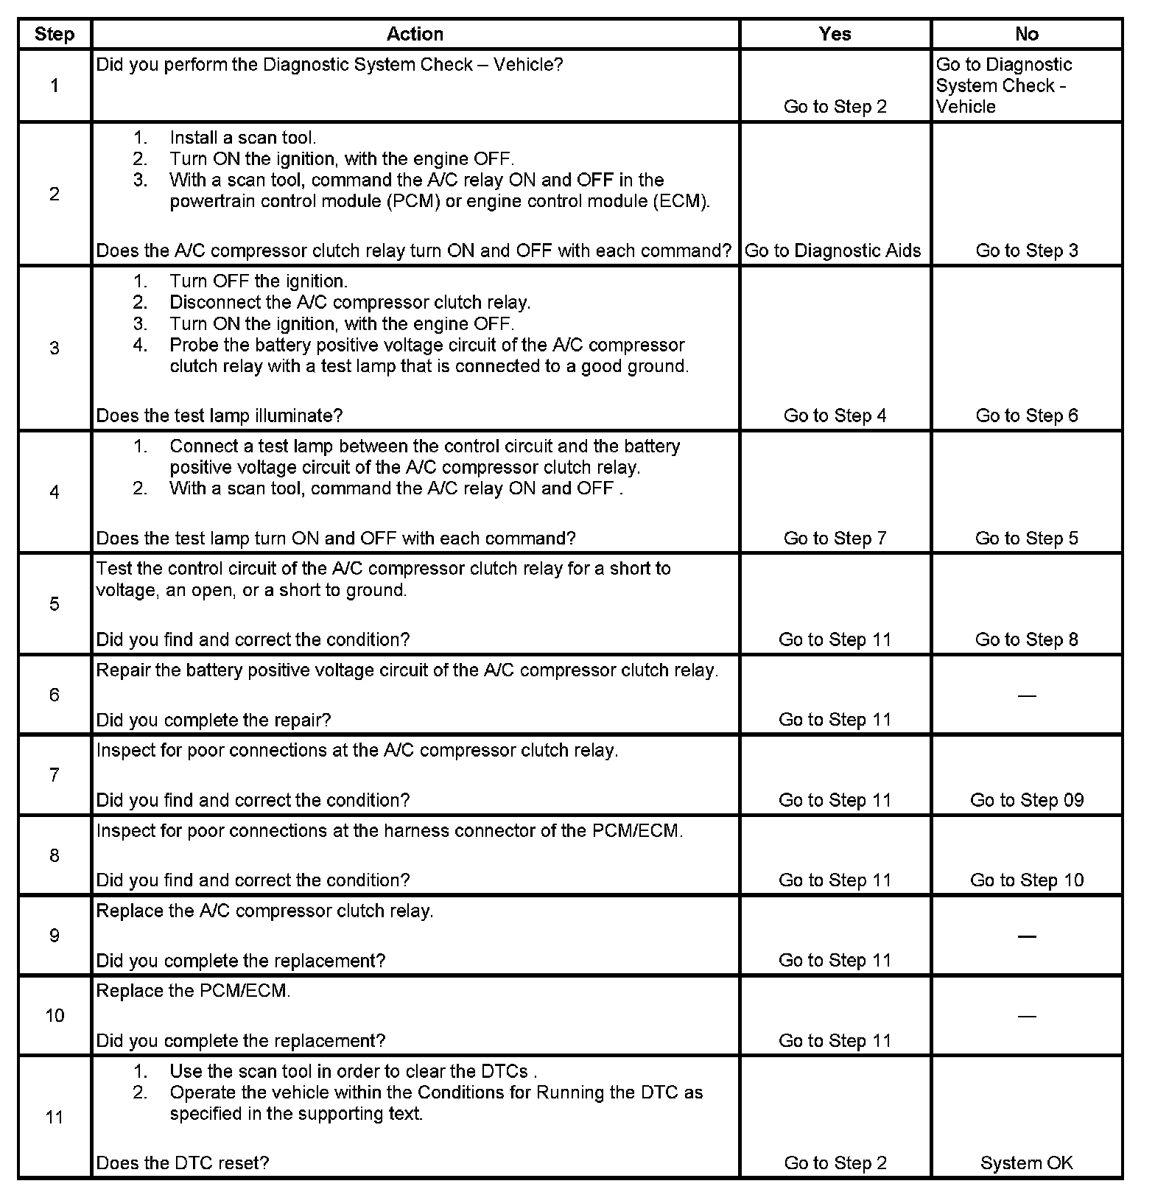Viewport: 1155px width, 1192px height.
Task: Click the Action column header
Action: (x=415, y=34)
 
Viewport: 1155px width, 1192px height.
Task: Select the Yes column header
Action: (x=835, y=34)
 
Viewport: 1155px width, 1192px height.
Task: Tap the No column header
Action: (x=1026, y=34)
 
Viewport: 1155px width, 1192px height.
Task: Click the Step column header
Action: (x=55, y=34)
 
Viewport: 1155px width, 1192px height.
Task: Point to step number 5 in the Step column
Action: (x=55, y=604)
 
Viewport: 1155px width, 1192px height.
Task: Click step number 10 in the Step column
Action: (x=55, y=1016)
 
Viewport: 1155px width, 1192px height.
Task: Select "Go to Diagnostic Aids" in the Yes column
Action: (x=832, y=250)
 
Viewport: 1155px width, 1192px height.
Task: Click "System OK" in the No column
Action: (x=1026, y=1163)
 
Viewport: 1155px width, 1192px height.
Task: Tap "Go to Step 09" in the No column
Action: (x=1026, y=800)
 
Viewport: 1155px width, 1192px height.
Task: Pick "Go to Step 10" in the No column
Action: (x=1026, y=880)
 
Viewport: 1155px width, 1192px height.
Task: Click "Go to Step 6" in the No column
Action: (x=1026, y=416)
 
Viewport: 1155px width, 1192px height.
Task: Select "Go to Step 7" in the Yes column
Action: (x=835, y=539)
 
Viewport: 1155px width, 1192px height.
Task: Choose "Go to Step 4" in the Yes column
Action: (x=835, y=416)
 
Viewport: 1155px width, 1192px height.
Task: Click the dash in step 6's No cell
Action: (x=1026, y=695)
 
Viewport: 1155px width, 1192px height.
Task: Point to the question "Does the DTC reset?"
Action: (x=183, y=1163)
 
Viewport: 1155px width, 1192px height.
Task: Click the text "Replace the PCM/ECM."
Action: (x=193, y=991)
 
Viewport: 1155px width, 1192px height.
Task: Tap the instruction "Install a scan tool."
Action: (x=242, y=138)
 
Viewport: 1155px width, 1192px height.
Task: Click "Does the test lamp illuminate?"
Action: (x=220, y=416)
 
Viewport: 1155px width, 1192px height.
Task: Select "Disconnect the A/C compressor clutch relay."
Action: (x=350, y=302)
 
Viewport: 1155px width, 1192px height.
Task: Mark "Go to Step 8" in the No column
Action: (x=1026, y=639)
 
